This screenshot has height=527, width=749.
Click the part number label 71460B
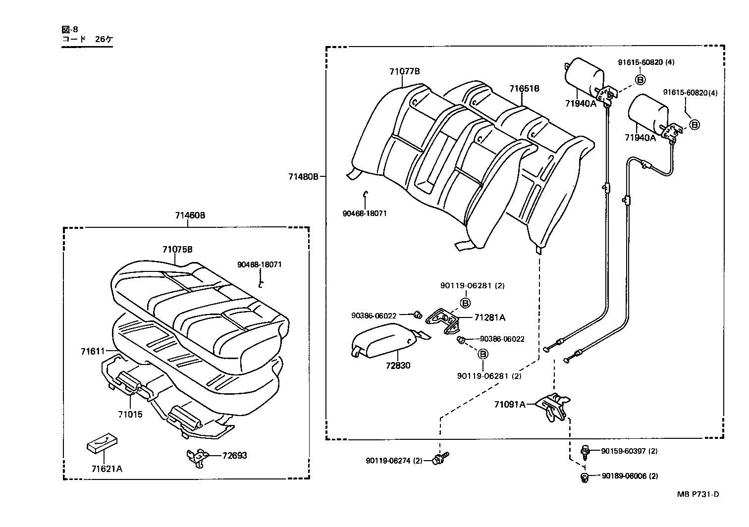coord(190,215)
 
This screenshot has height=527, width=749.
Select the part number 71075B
coord(177,249)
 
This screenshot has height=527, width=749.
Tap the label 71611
coord(93,351)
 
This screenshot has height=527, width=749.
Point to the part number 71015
coord(130,414)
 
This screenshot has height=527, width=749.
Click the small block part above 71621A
coord(103,444)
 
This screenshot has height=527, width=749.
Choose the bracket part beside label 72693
coord(199,457)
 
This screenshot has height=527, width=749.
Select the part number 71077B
coord(404,71)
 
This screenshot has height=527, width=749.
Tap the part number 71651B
coord(524,89)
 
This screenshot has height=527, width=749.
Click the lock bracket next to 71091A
coord(553,406)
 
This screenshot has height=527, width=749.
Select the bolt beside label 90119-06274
coord(439,459)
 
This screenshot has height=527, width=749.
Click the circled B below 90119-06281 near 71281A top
coord(466,303)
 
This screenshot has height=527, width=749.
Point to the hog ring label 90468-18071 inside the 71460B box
coord(259,264)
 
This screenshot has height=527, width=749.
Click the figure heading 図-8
coord(69,29)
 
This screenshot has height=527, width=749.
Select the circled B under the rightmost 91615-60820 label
coord(695,124)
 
